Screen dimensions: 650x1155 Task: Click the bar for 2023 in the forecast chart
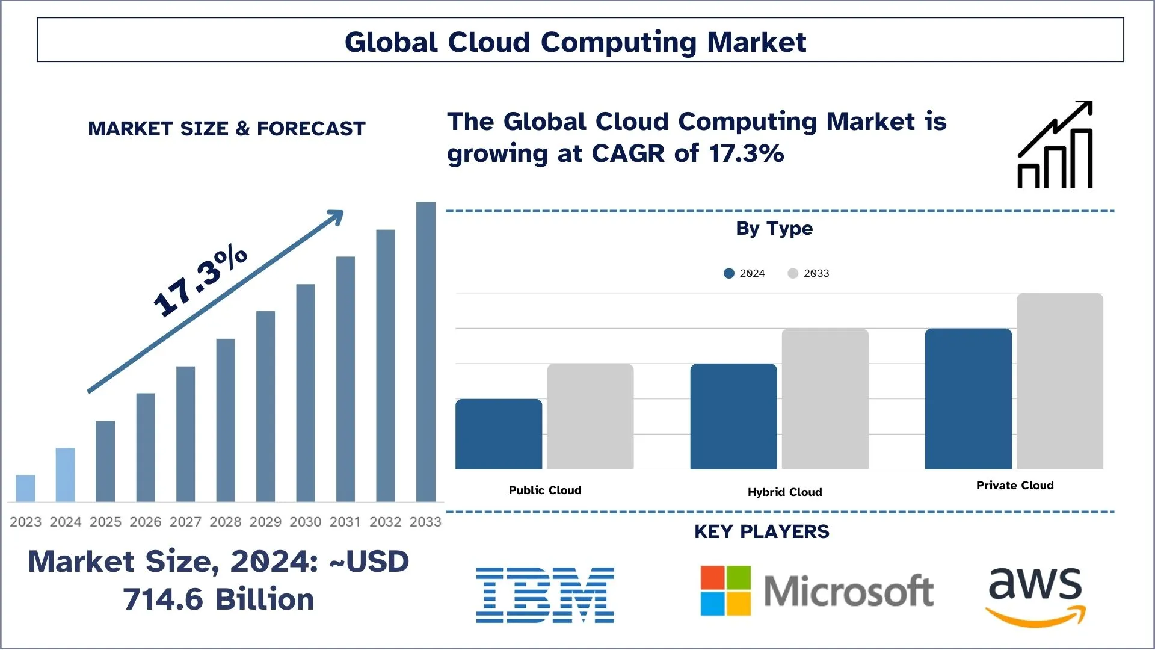25,488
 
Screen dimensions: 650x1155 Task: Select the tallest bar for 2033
426,351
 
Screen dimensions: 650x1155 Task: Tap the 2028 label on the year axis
226,522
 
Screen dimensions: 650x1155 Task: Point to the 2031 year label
345,522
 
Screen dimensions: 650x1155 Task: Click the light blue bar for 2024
66,474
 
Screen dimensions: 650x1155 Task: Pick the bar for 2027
185,433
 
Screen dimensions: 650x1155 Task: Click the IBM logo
545,595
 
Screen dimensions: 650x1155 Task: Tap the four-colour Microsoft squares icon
725,590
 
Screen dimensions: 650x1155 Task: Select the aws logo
1035,596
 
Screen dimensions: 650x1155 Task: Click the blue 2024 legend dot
729,273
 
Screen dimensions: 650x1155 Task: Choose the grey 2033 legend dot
793,273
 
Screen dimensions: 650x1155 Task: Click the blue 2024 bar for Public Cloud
499,434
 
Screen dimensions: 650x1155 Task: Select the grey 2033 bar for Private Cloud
1059,381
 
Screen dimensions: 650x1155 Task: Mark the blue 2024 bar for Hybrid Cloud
733,416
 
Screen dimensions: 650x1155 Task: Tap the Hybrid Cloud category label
784,492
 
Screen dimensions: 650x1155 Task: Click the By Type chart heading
774,229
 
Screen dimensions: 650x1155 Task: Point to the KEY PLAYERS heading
762,532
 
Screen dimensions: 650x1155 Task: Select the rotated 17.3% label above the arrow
200,280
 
